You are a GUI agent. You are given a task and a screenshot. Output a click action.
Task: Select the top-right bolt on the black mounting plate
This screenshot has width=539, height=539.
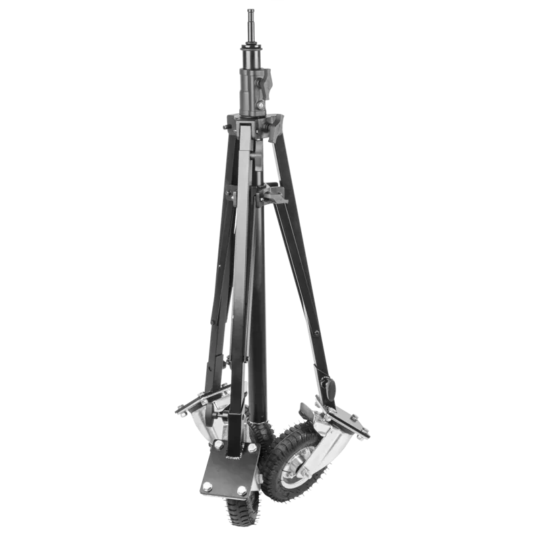[x=250, y=449]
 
